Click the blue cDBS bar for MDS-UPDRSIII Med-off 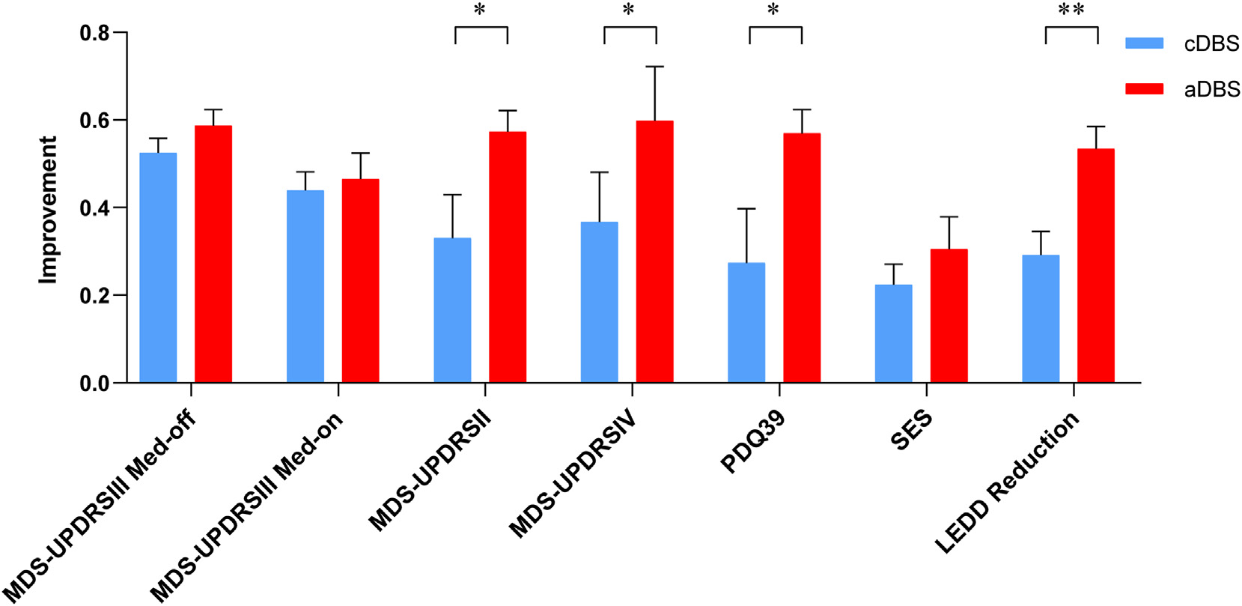pyautogui.click(x=158, y=268)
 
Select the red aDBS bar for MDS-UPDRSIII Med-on pyautogui.click(x=360, y=281)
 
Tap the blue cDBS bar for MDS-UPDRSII pyautogui.click(x=452, y=310)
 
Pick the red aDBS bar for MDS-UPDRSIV pyautogui.click(x=654, y=252)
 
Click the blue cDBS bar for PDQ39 pyautogui.click(x=746, y=323)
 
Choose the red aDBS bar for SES pyautogui.click(x=949, y=316)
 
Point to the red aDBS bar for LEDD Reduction pyautogui.click(x=1095, y=266)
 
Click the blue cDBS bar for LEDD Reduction pyautogui.click(x=1041, y=319)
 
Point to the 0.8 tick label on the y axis pyautogui.click(x=95, y=33)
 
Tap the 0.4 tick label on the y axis pyautogui.click(x=95, y=208)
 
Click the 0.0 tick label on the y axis pyautogui.click(x=95, y=384)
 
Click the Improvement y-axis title pyautogui.click(x=48, y=210)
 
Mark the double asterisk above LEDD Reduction pyautogui.click(x=1071, y=10)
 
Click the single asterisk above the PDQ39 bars pyautogui.click(x=773, y=10)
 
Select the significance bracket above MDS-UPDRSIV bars pyautogui.click(x=630, y=28)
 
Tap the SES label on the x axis pyautogui.click(x=912, y=430)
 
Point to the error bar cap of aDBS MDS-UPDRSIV pyautogui.click(x=654, y=67)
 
